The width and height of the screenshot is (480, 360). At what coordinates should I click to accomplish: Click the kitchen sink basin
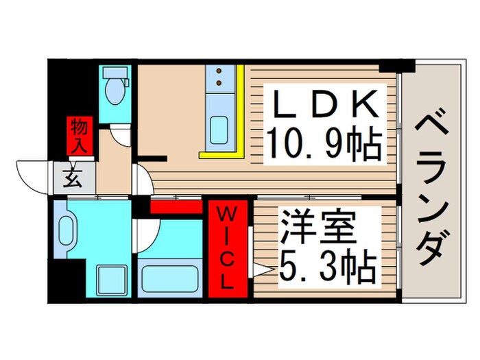[219, 128]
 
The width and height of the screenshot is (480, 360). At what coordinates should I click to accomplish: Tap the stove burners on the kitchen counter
[220, 78]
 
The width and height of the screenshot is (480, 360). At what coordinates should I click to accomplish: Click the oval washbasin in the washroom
[67, 234]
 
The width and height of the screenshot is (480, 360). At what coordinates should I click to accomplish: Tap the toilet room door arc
[121, 135]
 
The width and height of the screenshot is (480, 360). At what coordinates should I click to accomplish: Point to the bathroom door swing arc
[147, 235]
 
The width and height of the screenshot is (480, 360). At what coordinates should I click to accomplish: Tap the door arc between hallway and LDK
[144, 180]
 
